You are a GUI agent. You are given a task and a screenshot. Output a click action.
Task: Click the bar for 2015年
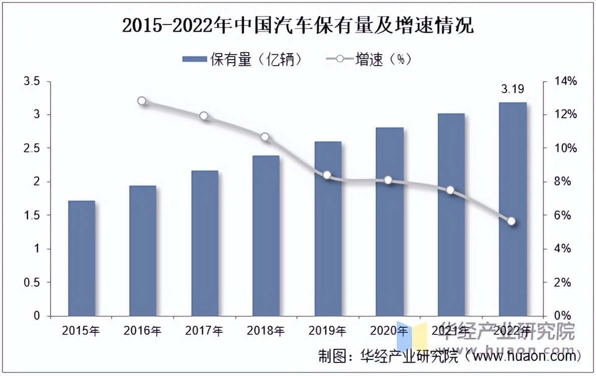tap(82, 258)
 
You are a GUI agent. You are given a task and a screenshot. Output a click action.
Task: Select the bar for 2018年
tap(266, 236)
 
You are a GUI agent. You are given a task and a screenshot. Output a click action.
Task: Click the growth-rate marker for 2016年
tap(142, 101)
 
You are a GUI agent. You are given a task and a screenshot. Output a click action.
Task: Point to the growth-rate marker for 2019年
tap(327, 175)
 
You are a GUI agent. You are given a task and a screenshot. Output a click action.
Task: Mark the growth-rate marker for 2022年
tap(511, 221)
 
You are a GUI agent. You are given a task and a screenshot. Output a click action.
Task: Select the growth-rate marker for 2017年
tap(203, 116)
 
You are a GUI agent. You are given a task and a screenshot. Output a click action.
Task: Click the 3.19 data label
tap(513, 90)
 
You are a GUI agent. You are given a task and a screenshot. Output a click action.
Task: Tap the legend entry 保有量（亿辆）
tap(243, 60)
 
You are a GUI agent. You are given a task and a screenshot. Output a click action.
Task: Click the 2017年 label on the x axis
tap(204, 331)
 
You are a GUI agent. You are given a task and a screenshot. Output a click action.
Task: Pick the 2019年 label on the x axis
tap(327, 331)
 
